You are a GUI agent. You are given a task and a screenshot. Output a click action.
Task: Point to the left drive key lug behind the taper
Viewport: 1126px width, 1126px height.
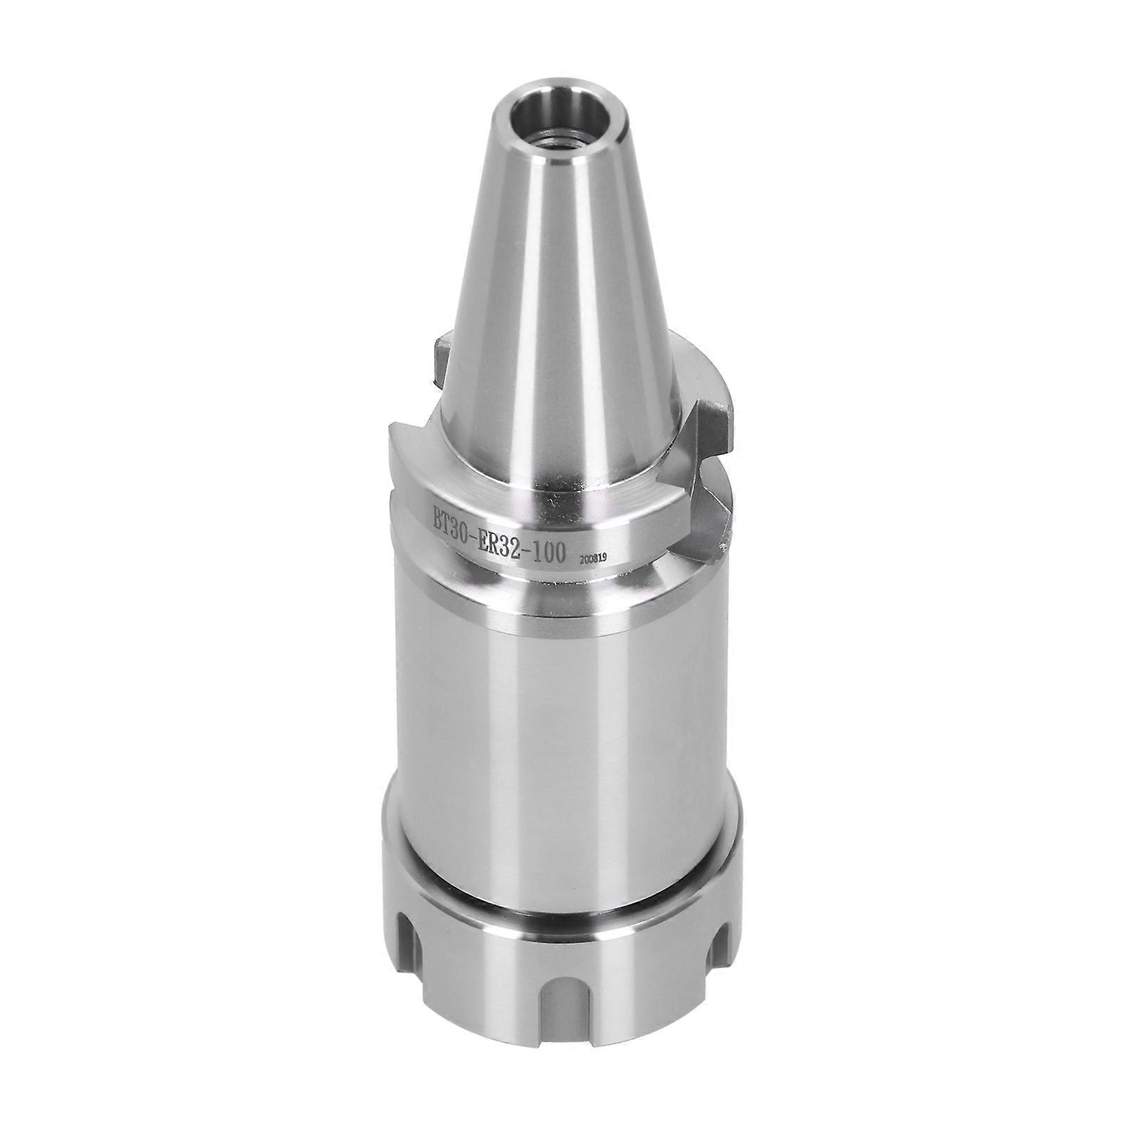click(441, 359)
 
